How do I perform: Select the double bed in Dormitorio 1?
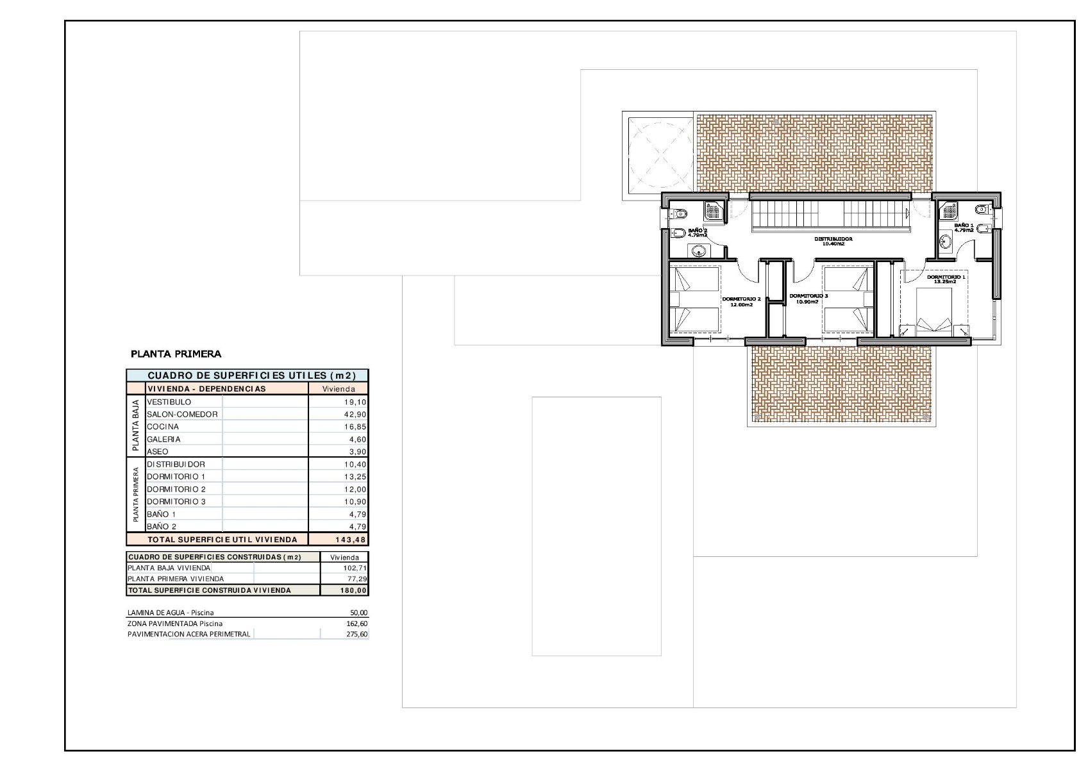tap(933, 311)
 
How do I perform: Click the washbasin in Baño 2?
tap(699, 251)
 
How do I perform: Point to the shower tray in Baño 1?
tap(949, 211)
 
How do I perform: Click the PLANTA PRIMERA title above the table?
tap(176, 354)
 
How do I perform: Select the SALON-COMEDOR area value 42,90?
tap(356, 415)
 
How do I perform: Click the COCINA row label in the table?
tap(163, 427)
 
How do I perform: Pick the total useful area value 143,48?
tap(350, 540)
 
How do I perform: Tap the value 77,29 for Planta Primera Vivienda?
tap(357, 579)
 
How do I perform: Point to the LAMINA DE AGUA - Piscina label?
tap(171, 613)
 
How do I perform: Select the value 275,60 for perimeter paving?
tap(357, 634)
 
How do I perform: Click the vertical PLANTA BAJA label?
tap(135, 426)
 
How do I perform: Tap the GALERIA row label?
tap(163, 440)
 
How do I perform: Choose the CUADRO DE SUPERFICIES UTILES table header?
tap(251, 376)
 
